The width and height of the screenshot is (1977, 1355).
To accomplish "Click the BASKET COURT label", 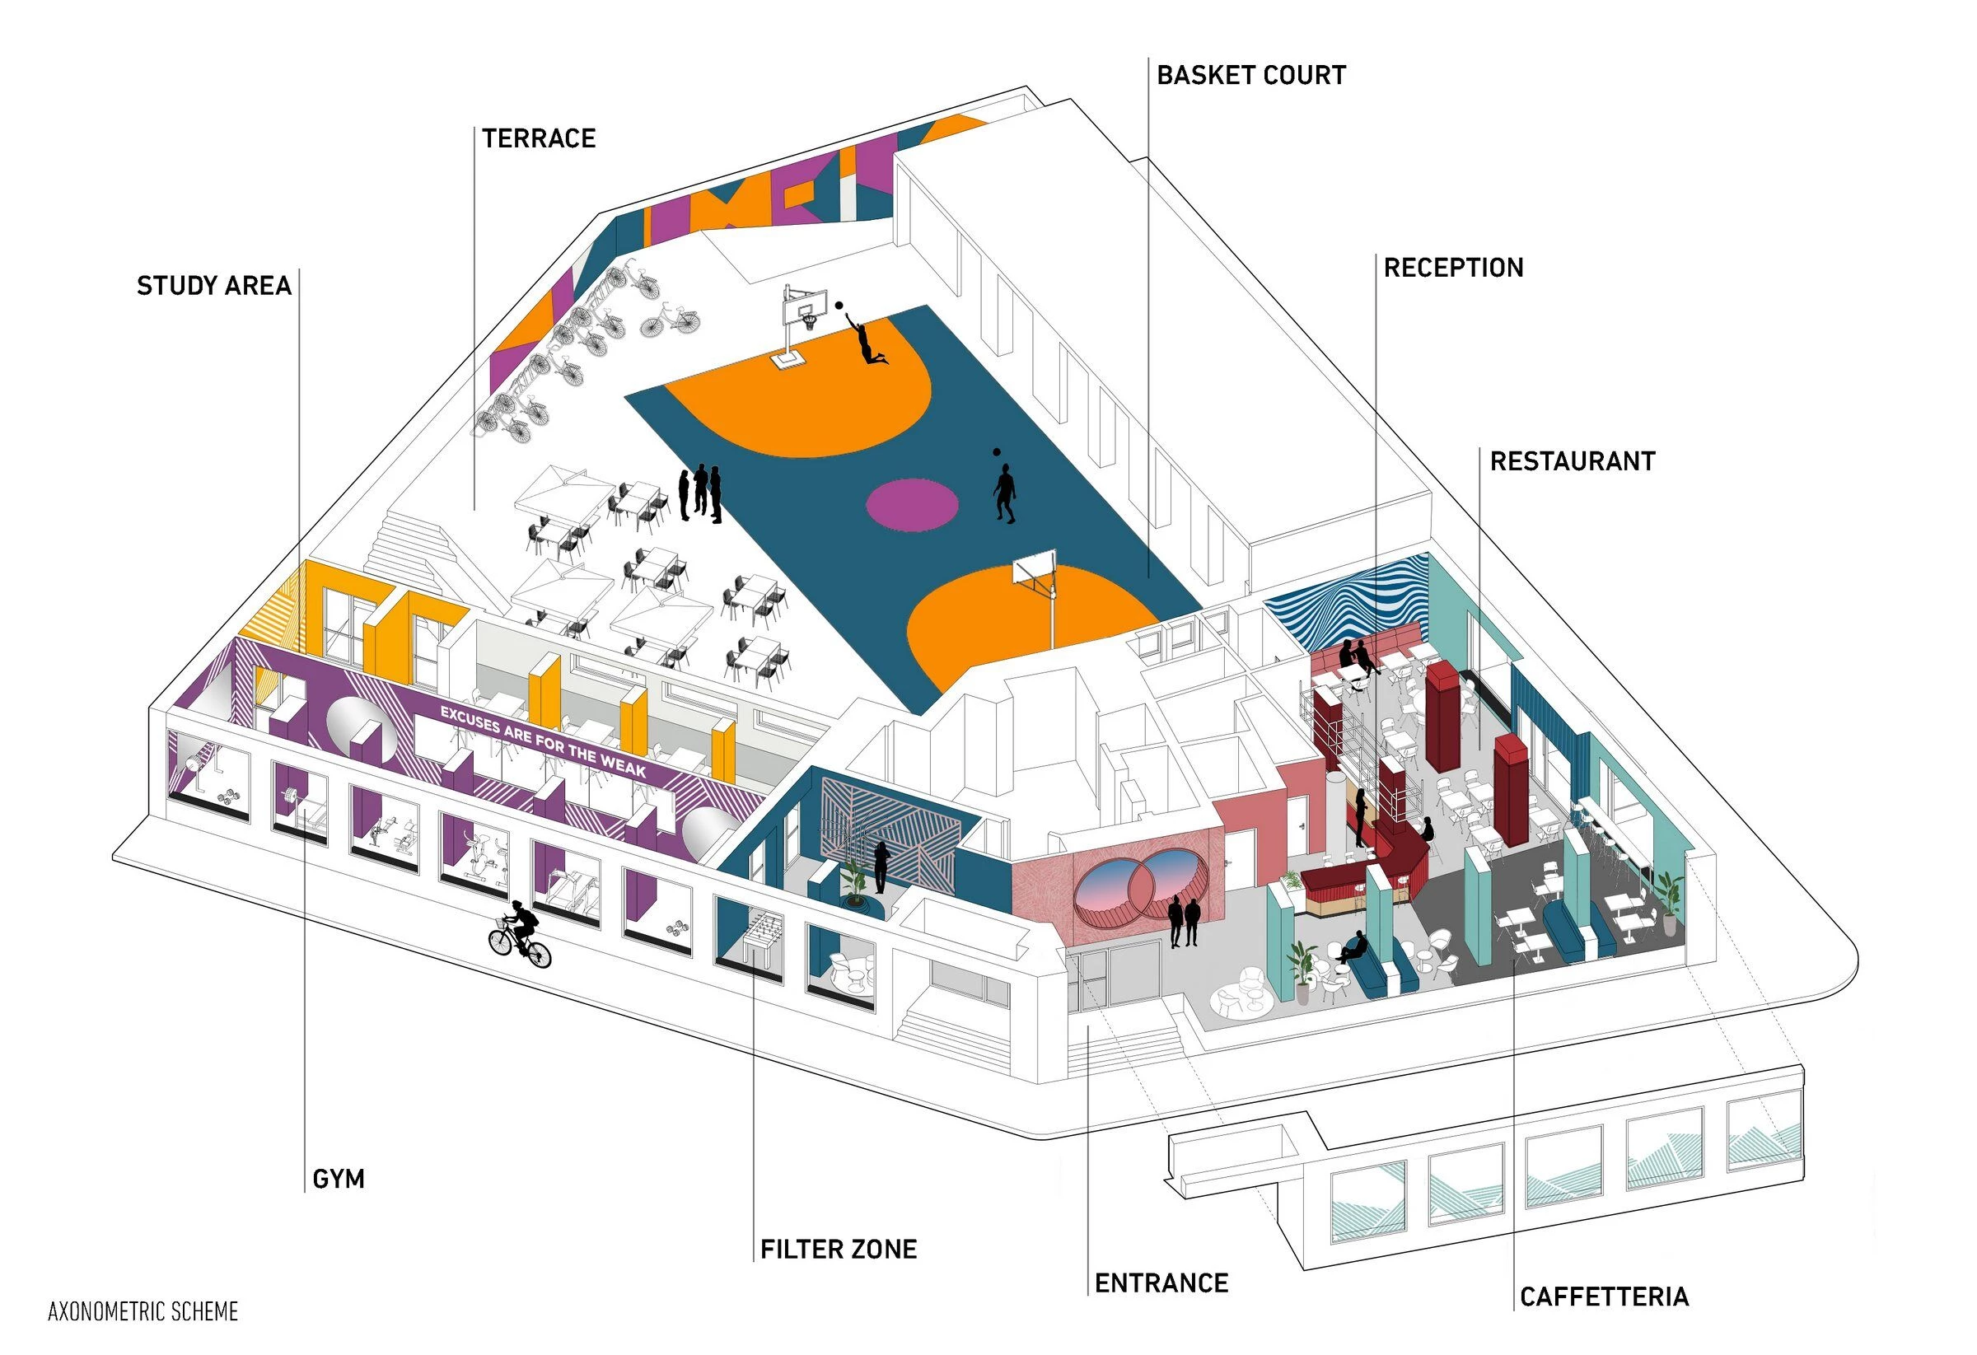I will [1250, 76].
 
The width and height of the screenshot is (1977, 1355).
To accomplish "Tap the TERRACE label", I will [539, 138].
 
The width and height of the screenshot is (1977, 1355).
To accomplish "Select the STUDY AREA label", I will [213, 286].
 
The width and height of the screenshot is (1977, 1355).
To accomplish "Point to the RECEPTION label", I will [1453, 268].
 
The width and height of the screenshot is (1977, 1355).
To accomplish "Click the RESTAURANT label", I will [1572, 462].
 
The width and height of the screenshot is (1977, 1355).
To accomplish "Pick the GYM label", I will [339, 1179].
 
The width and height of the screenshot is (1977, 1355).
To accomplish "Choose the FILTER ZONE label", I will [838, 1249].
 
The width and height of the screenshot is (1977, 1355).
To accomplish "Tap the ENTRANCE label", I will [1161, 1283].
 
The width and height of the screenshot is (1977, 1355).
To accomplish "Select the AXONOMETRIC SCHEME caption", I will [143, 1311].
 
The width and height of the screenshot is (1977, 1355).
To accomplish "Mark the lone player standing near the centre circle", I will [1005, 492].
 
